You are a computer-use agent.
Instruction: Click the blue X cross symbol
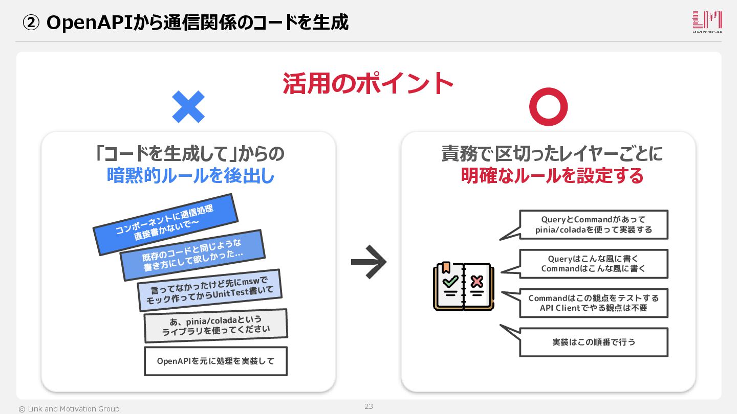pos(188,107)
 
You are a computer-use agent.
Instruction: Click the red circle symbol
pos(548,107)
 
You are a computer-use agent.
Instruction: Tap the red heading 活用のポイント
pos(368,84)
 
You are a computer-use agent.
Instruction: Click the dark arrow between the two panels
pos(368,262)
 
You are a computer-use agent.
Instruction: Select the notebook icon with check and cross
pos(463,286)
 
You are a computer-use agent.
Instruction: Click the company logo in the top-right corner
pos(707,21)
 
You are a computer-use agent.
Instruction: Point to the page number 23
pos(368,406)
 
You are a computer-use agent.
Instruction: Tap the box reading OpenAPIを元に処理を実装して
pos(215,361)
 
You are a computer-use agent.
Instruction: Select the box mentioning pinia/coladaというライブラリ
pos(215,326)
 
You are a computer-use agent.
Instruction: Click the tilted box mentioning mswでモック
pos(210,290)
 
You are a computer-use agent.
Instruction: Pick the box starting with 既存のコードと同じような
pos(192,255)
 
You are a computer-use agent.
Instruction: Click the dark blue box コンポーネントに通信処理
pos(165,224)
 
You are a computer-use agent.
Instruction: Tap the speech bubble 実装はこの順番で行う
pos(594,342)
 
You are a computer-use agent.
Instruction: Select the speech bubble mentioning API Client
pos(594,303)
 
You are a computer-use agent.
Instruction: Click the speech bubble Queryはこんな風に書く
pos(594,264)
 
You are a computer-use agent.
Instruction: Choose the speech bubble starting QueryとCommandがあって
pos(594,224)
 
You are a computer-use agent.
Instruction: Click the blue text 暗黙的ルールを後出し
pos(190,176)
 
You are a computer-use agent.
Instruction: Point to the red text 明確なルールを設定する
pos(552,176)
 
